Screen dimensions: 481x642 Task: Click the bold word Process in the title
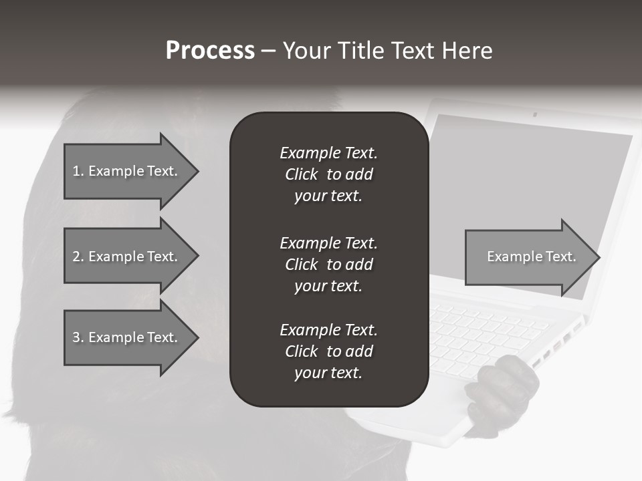(x=210, y=51)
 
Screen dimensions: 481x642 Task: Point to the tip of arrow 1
(x=197, y=171)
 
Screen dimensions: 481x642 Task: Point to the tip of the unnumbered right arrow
(x=599, y=257)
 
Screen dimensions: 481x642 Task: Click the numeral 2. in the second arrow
(x=78, y=257)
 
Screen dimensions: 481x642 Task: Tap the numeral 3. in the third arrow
(x=78, y=337)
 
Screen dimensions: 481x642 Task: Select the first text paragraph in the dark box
(x=328, y=174)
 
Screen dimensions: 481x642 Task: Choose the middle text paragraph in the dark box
(x=328, y=265)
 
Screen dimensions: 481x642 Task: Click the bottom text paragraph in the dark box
(x=328, y=351)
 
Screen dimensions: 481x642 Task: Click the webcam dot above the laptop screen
(x=534, y=114)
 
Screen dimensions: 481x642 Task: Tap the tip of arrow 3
(x=197, y=337)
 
